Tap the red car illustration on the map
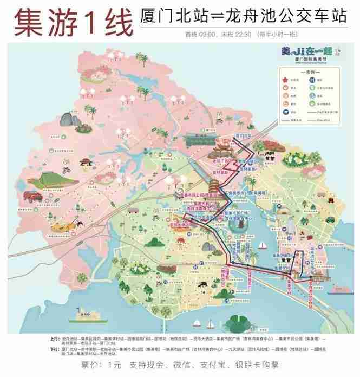[33, 196]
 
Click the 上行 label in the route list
[53, 338]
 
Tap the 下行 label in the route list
[53, 348]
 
